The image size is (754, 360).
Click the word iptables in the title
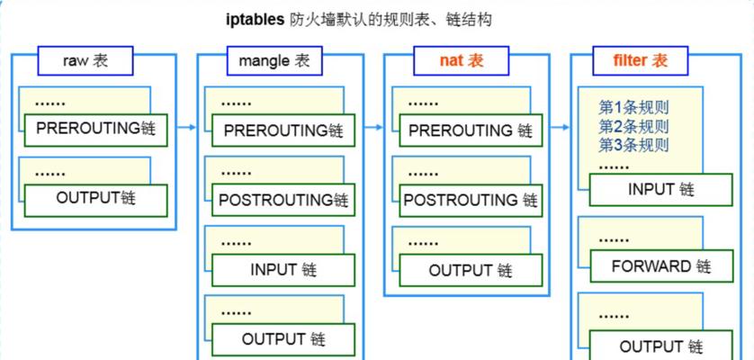tap(255, 21)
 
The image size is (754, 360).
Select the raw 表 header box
tap(85, 60)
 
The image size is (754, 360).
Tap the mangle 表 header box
tap(274, 60)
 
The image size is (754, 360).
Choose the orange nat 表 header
tap(461, 60)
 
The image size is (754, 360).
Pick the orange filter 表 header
tap(640, 60)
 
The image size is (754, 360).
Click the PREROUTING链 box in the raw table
tap(95, 130)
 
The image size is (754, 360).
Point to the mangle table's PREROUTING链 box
tap(283, 130)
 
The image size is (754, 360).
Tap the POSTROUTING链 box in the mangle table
tap(283, 200)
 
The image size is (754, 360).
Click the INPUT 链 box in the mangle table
tap(283, 269)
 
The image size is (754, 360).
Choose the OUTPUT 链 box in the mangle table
tap(283, 339)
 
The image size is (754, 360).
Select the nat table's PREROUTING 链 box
tap(471, 130)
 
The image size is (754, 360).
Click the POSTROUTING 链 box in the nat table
tap(471, 200)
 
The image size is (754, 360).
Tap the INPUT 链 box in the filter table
tap(661, 190)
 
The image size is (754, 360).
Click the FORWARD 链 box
tap(661, 265)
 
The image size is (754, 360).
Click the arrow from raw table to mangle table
tap(186, 128)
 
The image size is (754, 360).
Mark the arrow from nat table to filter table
tap(560, 128)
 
